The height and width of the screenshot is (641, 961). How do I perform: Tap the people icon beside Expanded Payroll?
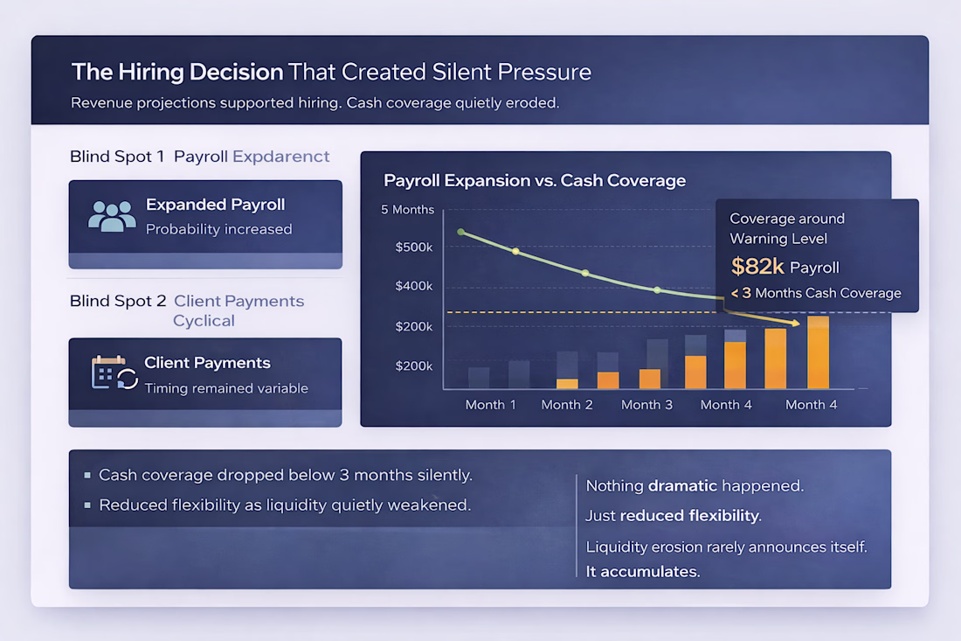(112, 216)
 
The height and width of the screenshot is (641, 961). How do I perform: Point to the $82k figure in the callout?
(757, 267)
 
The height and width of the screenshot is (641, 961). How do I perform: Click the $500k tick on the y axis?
(414, 247)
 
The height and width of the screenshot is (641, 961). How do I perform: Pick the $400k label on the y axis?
(414, 287)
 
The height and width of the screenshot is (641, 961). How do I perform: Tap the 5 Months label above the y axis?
(407, 210)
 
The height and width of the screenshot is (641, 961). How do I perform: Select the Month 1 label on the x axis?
(490, 405)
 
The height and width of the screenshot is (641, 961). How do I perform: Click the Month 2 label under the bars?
(567, 405)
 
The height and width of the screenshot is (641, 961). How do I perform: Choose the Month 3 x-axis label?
(646, 405)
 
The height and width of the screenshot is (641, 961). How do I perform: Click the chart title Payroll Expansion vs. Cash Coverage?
(535, 181)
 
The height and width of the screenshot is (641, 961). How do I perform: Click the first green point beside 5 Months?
(461, 233)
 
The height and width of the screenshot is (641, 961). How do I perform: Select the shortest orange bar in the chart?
(567, 383)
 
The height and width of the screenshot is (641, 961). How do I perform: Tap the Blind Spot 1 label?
(117, 157)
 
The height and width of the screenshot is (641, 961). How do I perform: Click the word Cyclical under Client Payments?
(204, 321)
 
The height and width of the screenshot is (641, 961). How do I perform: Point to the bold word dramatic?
(682, 485)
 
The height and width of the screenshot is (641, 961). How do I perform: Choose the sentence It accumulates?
(643, 572)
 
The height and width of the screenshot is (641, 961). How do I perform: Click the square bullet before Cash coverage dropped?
(87, 476)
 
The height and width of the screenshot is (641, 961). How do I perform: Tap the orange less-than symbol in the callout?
(736, 294)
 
